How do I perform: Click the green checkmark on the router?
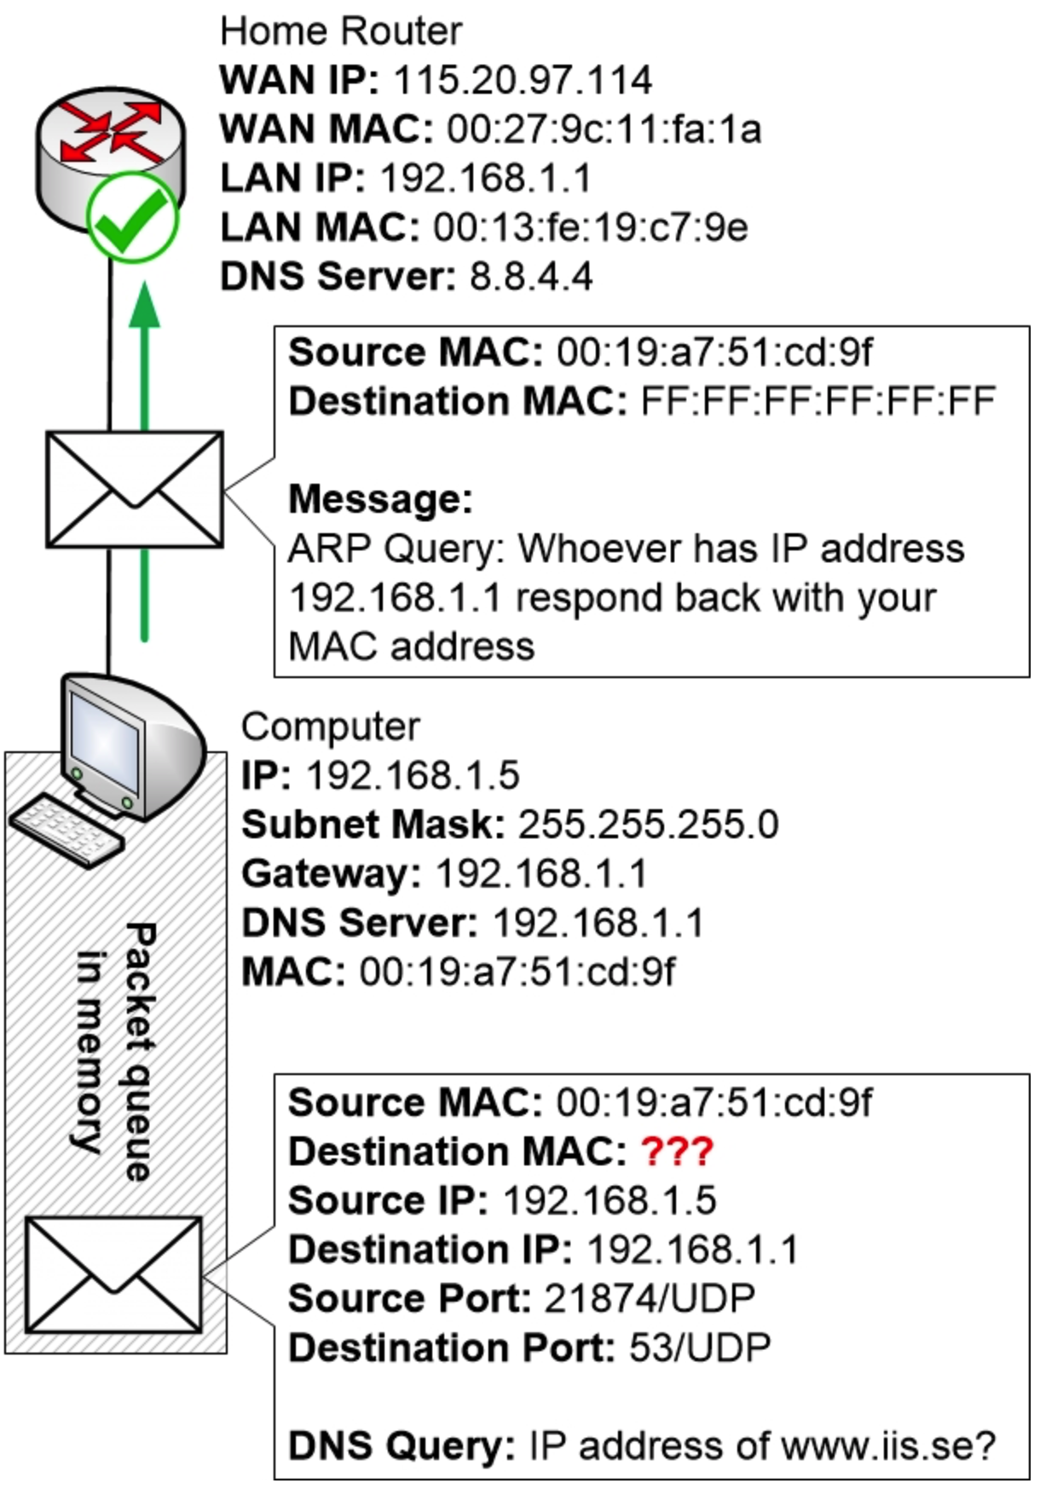[x=132, y=218]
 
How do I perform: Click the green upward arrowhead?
[x=145, y=307]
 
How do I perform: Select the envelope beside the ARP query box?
[x=135, y=489]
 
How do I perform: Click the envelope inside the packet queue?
[x=113, y=1274]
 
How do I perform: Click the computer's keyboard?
[x=66, y=831]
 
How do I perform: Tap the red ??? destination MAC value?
[x=677, y=1152]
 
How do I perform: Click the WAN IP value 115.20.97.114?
[x=523, y=80]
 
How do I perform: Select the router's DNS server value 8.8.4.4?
[x=531, y=277]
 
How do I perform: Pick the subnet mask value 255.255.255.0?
[x=648, y=825]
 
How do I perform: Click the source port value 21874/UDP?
[x=650, y=1299]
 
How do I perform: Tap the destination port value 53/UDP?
[x=700, y=1348]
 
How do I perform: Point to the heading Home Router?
[x=341, y=32]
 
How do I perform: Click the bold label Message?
[x=380, y=499]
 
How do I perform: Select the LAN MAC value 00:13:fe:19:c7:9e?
[x=591, y=227]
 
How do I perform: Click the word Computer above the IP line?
[x=331, y=727]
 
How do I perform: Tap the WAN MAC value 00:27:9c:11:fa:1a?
[x=604, y=129]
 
